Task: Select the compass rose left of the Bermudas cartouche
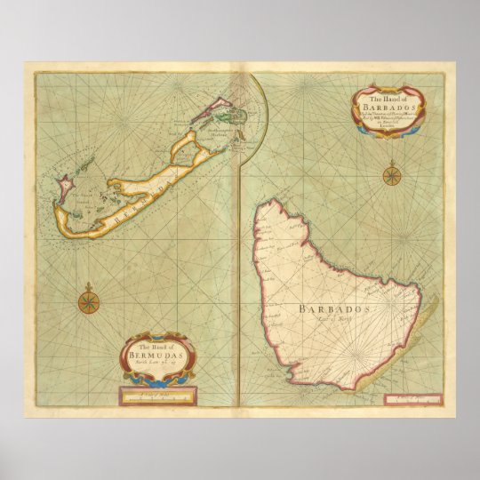(89, 300)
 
